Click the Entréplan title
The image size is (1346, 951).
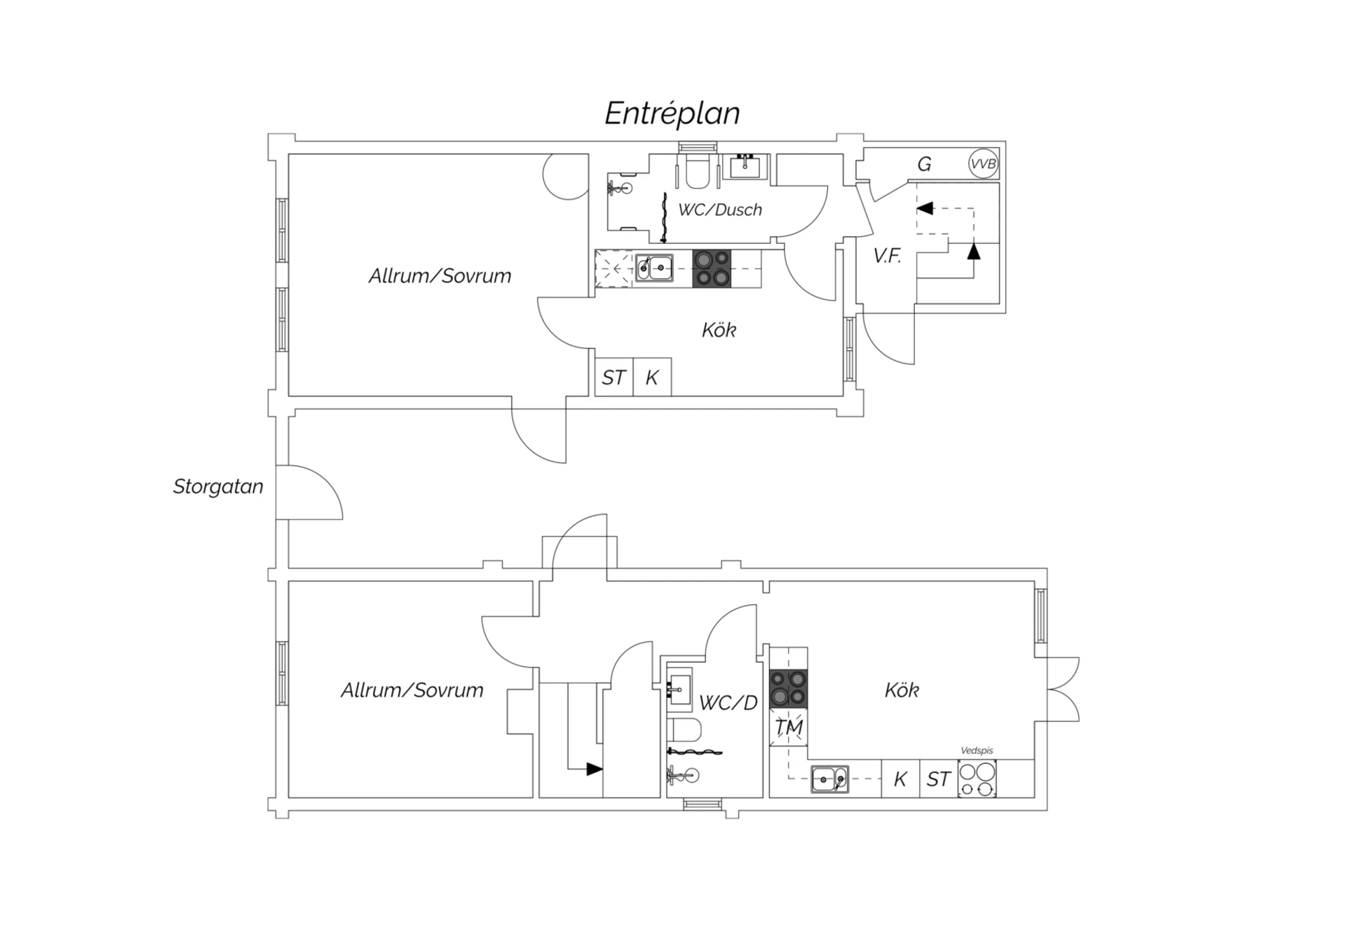pyautogui.click(x=672, y=114)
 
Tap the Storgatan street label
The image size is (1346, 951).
pyautogui.click(x=218, y=486)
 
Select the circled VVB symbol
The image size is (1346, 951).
pyautogui.click(x=983, y=164)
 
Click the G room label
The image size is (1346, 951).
pyautogui.click(x=924, y=164)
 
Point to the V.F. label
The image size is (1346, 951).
pyautogui.click(x=887, y=256)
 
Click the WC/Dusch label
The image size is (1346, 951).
pyautogui.click(x=719, y=210)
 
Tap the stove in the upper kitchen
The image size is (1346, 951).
pyautogui.click(x=712, y=268)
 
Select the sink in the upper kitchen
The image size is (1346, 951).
pyautogui.click(x=654, y=268)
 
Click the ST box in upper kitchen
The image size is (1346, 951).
pyautogui.click(x=614, y=377)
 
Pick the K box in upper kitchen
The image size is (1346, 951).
pyautogui.click(x=652, y=377)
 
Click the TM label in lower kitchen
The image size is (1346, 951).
pyautogui.click(x=789, y=727)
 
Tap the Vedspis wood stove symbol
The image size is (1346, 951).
pyautogui.click(x=977, y=779)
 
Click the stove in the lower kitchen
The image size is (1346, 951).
pyautogui.click(x=789, y=689)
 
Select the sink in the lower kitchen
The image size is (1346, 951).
pyautogui.click(x=830, y=779)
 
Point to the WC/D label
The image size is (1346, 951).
pyautogui.click(x=728, y=703)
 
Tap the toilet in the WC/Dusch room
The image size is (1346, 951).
pyautogui.click(x=698, y=172)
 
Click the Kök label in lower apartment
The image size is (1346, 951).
pyautogui.click(x=902, y=690)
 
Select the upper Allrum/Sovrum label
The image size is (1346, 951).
pyautogui.click(x=440, y=276)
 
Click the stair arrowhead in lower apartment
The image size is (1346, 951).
pyautogui.click(x=594, y=769)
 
